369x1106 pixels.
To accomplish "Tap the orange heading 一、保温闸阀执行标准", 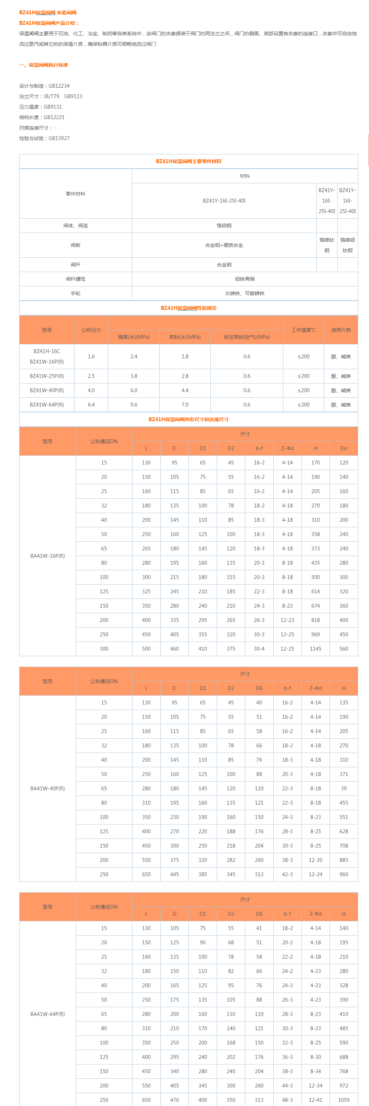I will pyautogui.click(x=43, y=65).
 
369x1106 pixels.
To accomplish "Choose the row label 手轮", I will pyautogui.click(x=75, y=293).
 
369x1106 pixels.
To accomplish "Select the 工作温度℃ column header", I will pyautogui.click(x=303, y=330).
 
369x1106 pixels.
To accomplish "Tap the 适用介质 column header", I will pyautogui.click(x=341, y=330).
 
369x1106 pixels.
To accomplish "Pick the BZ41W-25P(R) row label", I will pyautogui.click(x=47, y=376).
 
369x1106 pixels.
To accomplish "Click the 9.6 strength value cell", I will pyautogui.click(x=133, y=404).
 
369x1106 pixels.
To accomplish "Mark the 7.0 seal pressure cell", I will pyautogui.click(x=185, y=404).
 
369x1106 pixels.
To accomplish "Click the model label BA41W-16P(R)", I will pyautogui.click(x=47, y=556).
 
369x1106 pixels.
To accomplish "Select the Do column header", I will pyautogui.click(x=343, y=448).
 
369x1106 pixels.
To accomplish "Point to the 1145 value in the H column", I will pyautogui.click(x=315, y=649).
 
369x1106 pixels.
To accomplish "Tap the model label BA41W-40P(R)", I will pyautogui.click(x=47, y=788).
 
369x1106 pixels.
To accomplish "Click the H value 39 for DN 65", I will pyautogui.click(x=343, y=788).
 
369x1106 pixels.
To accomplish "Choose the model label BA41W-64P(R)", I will pyautogui.click(x=47, y=1014).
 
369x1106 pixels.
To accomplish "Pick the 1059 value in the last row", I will pyautogui.click(x=343, y=1100).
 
